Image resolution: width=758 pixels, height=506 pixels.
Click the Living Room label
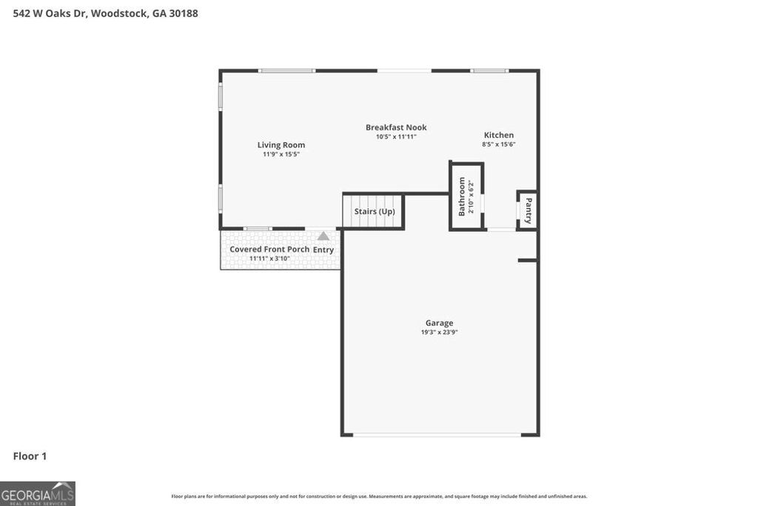(281, 145)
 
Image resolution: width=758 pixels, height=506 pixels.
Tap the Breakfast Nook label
(396, 127)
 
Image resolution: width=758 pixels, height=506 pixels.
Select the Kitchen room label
(499, 135)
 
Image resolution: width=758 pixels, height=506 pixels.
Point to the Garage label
(439, 323)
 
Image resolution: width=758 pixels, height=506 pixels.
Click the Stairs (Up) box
(374, 211)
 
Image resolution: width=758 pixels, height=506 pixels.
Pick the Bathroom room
(466, 196)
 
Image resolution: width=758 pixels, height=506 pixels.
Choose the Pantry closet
(528, 210)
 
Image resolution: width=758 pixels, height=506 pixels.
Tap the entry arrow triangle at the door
(323, 236)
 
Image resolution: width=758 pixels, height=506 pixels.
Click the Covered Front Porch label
(269, 249)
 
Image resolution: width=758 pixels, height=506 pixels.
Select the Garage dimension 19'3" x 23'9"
(439, 333)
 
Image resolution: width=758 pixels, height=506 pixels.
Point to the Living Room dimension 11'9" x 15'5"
(281, 154)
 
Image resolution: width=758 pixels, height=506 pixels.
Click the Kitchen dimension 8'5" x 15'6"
(499, 144)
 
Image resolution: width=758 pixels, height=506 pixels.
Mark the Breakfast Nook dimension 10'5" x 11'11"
(396, 136)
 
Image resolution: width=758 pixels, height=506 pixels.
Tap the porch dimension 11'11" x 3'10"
(268, 259)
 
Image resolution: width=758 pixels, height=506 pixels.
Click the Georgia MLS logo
(38, 493)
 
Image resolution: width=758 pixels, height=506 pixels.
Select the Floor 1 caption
(30, 456)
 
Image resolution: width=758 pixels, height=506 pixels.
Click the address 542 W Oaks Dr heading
(106, 13)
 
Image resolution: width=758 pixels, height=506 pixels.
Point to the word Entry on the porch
(323, 250)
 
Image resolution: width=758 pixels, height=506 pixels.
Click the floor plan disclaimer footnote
(379, 496)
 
